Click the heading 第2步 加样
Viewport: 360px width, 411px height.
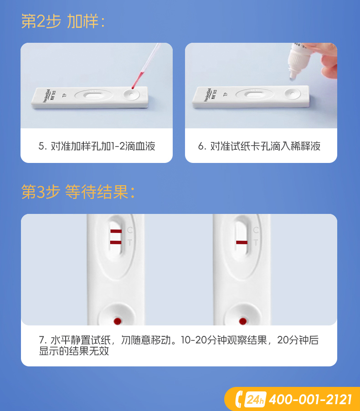pos(63,21)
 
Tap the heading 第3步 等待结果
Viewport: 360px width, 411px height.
pos(78,192)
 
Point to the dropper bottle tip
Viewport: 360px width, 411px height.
pos(293,76)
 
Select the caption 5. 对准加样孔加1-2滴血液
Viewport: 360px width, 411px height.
pos(97,146)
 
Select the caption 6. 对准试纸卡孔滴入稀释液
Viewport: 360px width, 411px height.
pos(259,146)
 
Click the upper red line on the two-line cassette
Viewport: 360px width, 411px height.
pos(116,231)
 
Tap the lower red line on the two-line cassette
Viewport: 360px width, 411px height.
pos(116,243)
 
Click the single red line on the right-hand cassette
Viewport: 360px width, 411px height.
pos(242,243)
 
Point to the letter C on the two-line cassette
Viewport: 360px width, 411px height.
pos(130,230)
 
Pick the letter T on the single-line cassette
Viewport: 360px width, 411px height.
pos(256,243)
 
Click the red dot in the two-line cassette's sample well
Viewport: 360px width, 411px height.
pos(117,321)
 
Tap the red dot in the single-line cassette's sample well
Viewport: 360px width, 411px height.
pos(243,321)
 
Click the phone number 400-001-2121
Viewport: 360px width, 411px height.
pos(310,400)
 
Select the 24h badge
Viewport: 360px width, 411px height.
pos(255,400)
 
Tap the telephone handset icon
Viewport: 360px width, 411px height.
pos(238,399)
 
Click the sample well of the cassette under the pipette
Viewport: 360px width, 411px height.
pos(131,94)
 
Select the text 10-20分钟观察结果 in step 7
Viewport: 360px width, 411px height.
pos(224,340)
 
